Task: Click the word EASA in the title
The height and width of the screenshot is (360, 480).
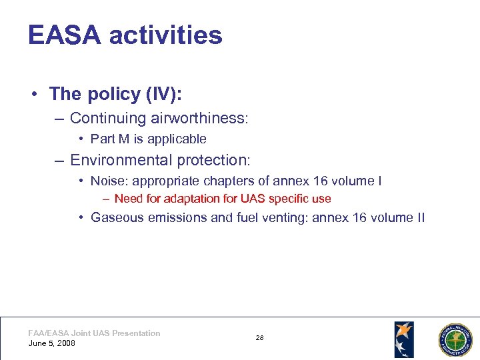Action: (64, 35)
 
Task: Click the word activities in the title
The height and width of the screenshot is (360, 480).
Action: (165, 35)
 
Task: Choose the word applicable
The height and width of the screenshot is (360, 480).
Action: (177, 139)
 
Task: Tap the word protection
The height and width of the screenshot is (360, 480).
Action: (213, 160)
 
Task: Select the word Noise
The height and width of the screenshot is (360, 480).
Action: (106, 181)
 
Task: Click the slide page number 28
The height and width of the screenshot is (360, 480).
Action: (260, 338)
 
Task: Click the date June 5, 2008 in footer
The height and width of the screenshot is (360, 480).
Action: (52, 343)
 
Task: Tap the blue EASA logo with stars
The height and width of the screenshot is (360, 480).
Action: (404, 339)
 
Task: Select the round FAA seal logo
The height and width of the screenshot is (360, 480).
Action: (455, 340)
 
